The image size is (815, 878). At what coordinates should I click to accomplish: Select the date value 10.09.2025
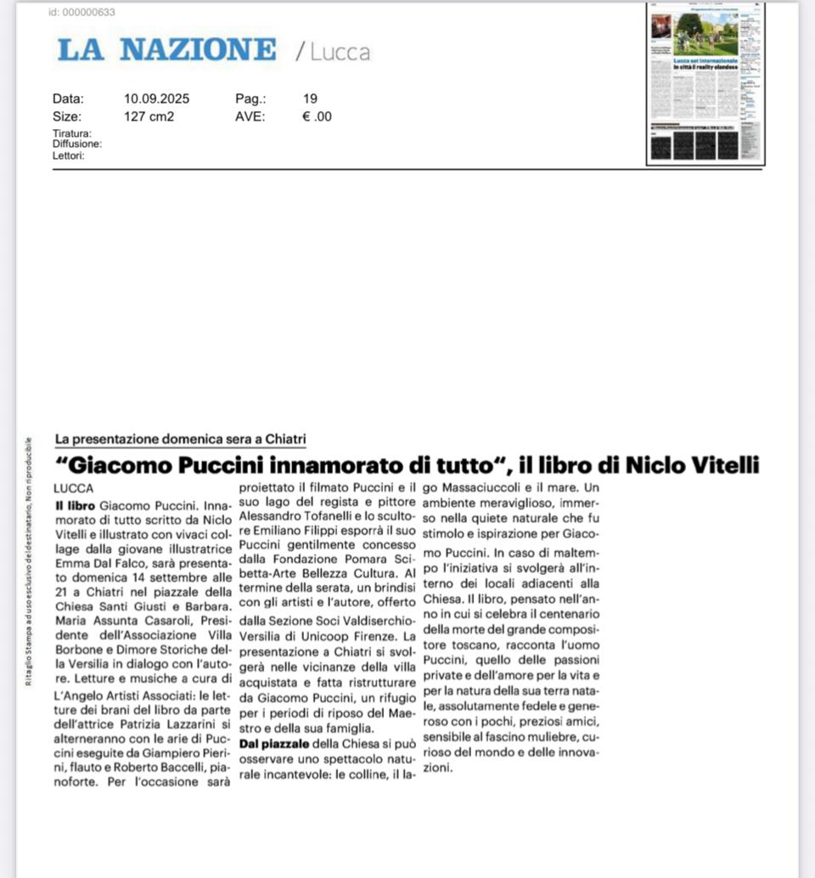pyautogui.click(x=156, y=98)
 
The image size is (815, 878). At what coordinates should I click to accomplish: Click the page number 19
pyautogui.click(x=310, y=98)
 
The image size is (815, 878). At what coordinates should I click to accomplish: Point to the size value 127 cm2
pyautogui.click(x=149, y=116)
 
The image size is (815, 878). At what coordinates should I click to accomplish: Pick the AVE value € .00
pyautogui.click(x=317, y=116)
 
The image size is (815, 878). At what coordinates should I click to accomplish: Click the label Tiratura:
pyautogui.click(x=71, y=133)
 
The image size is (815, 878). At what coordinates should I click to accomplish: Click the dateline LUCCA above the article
pyautogui.click(x=73, y=488)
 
